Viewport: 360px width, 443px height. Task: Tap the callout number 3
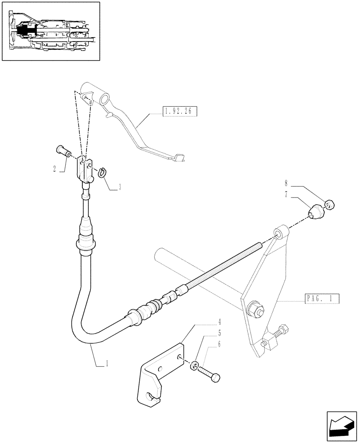119,187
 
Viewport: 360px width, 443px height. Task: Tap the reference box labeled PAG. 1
322,299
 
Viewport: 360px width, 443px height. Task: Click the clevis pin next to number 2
64,152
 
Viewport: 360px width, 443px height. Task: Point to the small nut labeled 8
329,205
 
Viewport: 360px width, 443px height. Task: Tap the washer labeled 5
194,365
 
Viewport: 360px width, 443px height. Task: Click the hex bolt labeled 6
209,373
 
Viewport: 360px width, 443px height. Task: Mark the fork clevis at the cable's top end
85,168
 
